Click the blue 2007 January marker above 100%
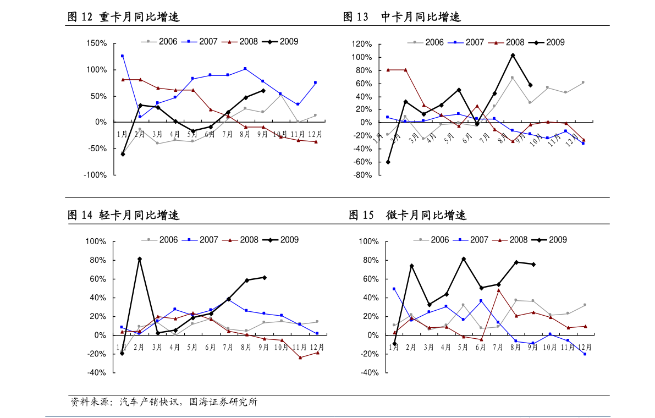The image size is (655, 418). tap(122, 56)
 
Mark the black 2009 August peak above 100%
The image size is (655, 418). tap(513, 55)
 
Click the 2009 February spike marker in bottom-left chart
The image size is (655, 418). tap(140, 259)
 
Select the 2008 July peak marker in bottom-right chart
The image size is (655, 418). tap(498, 290)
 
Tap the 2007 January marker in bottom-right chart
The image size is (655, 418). tap(394, 289)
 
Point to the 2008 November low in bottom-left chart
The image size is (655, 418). tap(300, 358)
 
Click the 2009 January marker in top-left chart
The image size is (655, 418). tap(123, 155)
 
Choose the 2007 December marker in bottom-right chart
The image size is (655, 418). tap(585, 354)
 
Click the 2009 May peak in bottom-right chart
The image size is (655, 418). tap(464, 259)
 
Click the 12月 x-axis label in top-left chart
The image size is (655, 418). tap(315, 134)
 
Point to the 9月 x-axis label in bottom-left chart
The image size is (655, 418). tap(264, 347)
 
